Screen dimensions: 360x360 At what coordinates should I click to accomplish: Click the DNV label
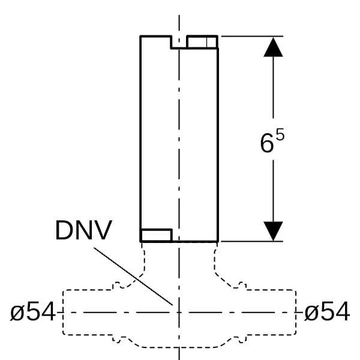[x=83, y=230]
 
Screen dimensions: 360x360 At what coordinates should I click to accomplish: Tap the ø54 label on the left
[x=32, y=311]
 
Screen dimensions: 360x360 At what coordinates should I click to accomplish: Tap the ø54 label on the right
[x=327, y=311]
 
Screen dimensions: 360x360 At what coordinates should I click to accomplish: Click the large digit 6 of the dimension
[x=267, y=143]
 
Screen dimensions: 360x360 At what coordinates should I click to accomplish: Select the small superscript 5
[x=280, y=134]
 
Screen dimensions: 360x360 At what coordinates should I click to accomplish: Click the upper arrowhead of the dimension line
[x=273, y=47]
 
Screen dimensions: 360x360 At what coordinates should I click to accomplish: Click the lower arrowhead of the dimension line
[x=273, y=231]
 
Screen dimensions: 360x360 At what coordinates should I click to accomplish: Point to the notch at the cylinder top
[x=179, y=43]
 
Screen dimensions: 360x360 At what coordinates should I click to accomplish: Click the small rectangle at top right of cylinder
[x=202, y=42]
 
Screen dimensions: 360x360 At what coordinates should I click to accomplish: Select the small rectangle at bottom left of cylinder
[x=156, y=235]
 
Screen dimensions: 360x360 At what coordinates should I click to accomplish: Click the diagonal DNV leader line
[x=133, y=277]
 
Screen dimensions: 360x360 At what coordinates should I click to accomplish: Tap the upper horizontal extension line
[x=252, y=36]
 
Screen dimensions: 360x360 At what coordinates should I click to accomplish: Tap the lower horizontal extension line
[x=252, y=241]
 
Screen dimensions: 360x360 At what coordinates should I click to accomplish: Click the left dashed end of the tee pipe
[x=63, y=313]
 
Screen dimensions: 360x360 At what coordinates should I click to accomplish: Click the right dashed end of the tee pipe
[x=295, y=313]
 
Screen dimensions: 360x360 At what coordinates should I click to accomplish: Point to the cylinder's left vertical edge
[x=140, y=139]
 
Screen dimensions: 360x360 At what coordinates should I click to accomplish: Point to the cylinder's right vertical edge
[x=218, y=145]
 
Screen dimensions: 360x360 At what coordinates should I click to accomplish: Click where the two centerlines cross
[x=179, y=313]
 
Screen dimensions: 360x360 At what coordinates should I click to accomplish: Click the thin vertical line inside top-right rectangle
[x=207, y=42]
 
